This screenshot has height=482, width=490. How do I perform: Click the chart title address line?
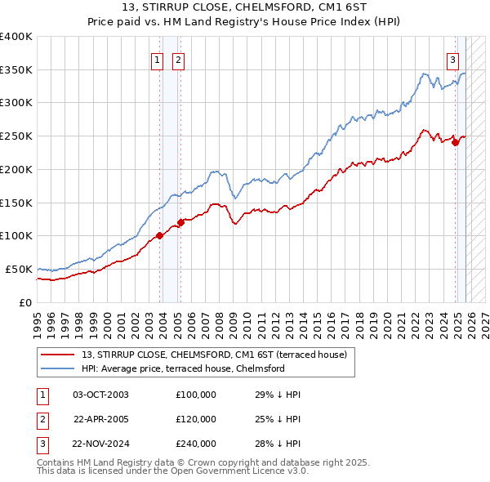pos(244,8)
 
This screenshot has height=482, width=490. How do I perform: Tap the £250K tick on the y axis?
pos(16,136)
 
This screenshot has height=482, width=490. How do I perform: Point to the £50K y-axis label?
pos(19,269)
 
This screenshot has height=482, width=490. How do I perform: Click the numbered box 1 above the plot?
pos(156,59)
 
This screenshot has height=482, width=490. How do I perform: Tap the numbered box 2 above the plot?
pos(177,59)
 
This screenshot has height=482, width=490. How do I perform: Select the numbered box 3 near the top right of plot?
pos(452,59)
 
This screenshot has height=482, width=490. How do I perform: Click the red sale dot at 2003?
pos(160,236)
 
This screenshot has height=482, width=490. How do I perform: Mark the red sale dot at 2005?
pos(181,222)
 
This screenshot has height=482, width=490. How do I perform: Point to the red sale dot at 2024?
pos(456,142)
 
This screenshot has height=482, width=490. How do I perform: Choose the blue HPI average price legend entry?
pos(182,368)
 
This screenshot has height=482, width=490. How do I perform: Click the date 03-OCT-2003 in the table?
pos(100,395)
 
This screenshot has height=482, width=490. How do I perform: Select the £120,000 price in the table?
pos(196,419)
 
